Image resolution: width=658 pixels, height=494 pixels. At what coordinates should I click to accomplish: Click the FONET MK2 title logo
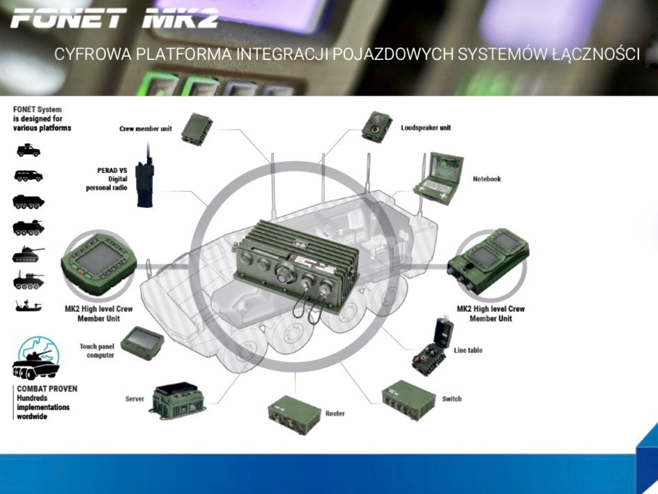115,17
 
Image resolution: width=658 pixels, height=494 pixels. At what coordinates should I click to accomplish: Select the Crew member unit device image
197,128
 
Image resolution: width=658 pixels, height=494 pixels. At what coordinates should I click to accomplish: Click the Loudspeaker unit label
425,128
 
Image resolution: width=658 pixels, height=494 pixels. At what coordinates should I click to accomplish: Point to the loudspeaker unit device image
376,126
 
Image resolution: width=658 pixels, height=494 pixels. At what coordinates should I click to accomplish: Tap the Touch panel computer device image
142,343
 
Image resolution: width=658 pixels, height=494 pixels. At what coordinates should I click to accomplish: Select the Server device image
177,399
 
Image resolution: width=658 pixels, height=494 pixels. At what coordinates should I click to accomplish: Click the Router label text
335,414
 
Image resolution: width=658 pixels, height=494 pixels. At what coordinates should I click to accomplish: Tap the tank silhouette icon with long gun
28,255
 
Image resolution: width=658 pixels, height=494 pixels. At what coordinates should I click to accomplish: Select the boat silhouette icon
28,306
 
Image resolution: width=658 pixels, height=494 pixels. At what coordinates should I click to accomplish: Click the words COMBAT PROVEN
46,389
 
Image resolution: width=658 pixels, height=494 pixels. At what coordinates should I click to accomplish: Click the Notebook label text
487,179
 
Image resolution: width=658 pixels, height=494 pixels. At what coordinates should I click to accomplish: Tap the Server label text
135,399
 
